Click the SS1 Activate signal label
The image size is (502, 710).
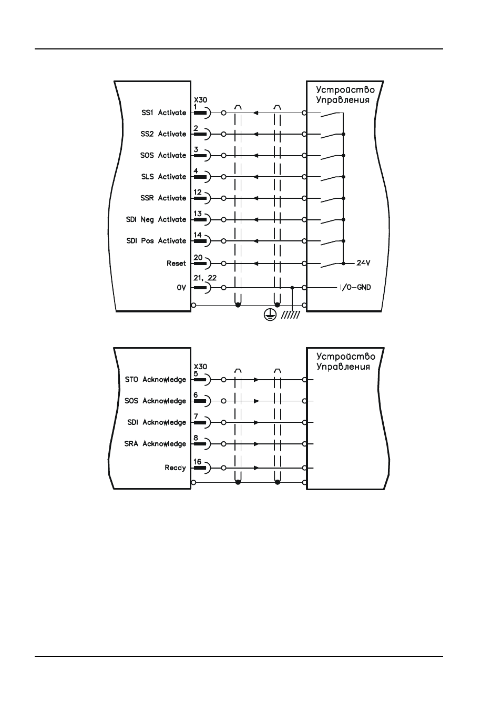tap(164, 113)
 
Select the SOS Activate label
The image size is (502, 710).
tap(163, 155)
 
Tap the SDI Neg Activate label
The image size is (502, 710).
tap(156, 220)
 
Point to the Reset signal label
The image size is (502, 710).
tap(176, 263)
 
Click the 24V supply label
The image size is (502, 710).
tap(363, 263)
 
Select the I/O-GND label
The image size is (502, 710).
tap(355, 288)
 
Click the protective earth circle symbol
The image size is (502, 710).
tap(270, 315)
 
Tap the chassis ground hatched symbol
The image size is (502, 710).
tap(291, 315)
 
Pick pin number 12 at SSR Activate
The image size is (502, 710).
tap(197, 192)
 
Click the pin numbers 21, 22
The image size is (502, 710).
tap(205, 278)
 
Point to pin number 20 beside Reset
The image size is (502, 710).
tap(198, 257)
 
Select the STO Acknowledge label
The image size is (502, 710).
tap(155, 379)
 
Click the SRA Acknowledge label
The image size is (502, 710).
tap(155, 444)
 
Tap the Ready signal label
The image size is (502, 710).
tap(175, 468)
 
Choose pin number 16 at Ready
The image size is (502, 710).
tap(197, 462)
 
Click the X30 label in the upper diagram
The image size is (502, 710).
tap(200, 100)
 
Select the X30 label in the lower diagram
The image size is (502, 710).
tap(200, 367)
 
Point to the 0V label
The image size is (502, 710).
tap(181, 288)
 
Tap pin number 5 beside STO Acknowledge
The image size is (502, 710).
tap(196, 374)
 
